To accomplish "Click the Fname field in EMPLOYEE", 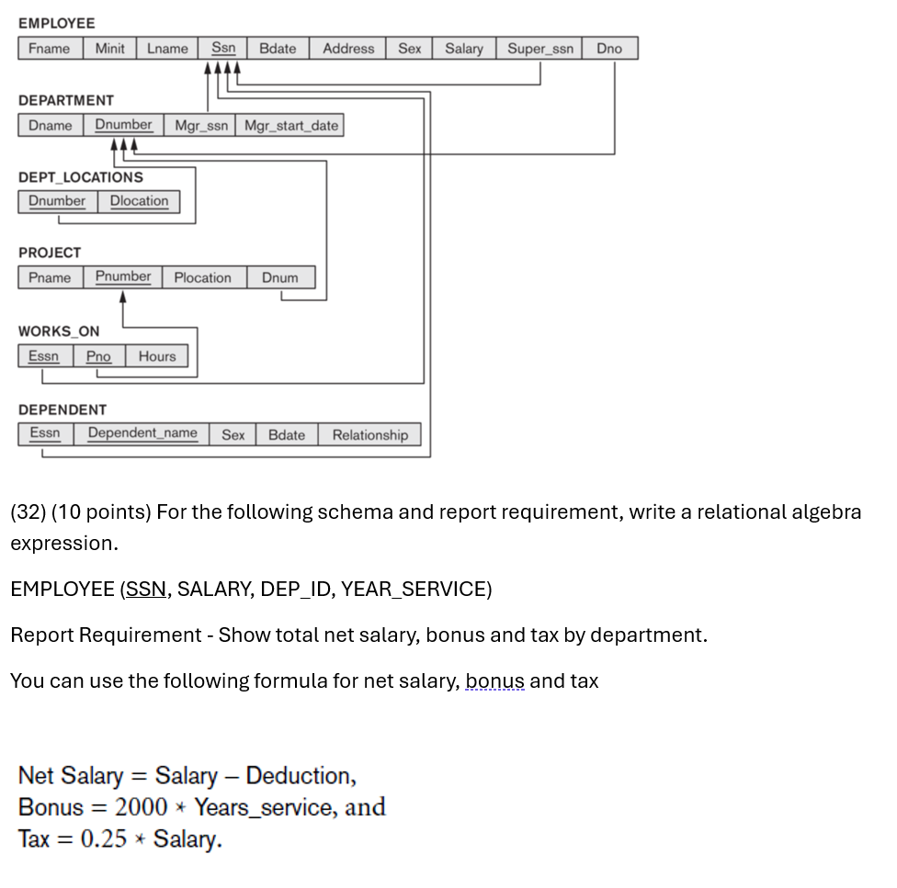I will coord(49,49).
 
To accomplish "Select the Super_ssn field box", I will coord(540,49).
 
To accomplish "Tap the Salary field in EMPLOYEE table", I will coord(464,49).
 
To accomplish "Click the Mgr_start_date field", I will coord(290,126).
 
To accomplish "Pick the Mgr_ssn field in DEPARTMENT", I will coord(201,126).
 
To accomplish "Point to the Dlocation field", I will coord(139,201).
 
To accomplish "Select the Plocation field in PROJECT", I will coord(202,277).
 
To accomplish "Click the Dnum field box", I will coord(279,277).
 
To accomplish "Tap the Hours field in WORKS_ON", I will coord(157,356).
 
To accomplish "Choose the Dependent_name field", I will coord(142,433).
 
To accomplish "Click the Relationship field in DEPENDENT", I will coord(369,434).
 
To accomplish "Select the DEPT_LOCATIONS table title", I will coord(81,177).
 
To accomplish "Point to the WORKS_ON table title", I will coord(59,331).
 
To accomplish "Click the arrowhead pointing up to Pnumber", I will coord(123,296).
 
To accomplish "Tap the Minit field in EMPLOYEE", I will coord(109,49).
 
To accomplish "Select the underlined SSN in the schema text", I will coord(146,589).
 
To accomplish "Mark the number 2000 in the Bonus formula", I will coord(142,807).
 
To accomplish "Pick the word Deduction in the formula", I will coord(300,776).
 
